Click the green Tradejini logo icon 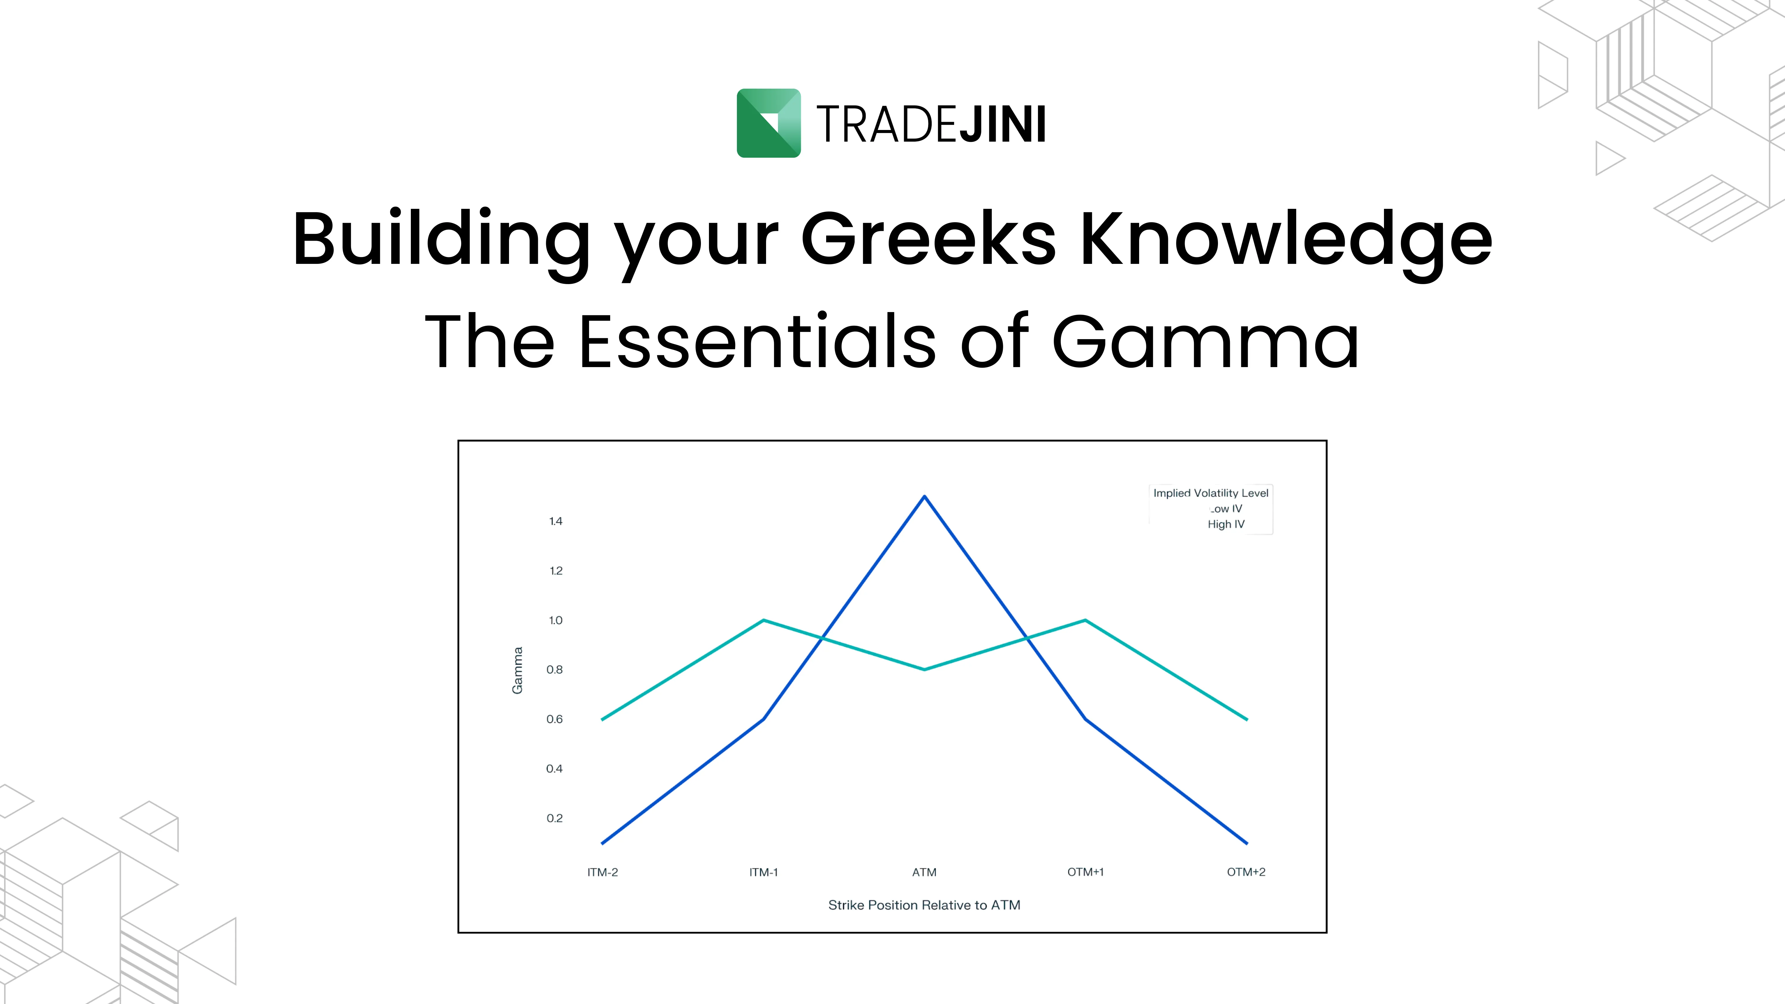click(x=768, y=123)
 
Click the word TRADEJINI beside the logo click(x=931, y=125)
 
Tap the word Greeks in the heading click(x=928, y=239)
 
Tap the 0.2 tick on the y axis click(x=554, y=818)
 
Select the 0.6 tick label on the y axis click(x=554, y=719)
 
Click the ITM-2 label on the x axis click(x=602, y=872)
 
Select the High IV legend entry click(x=1226, y=524)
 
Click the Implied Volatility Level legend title click(x=1211, y=493)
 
